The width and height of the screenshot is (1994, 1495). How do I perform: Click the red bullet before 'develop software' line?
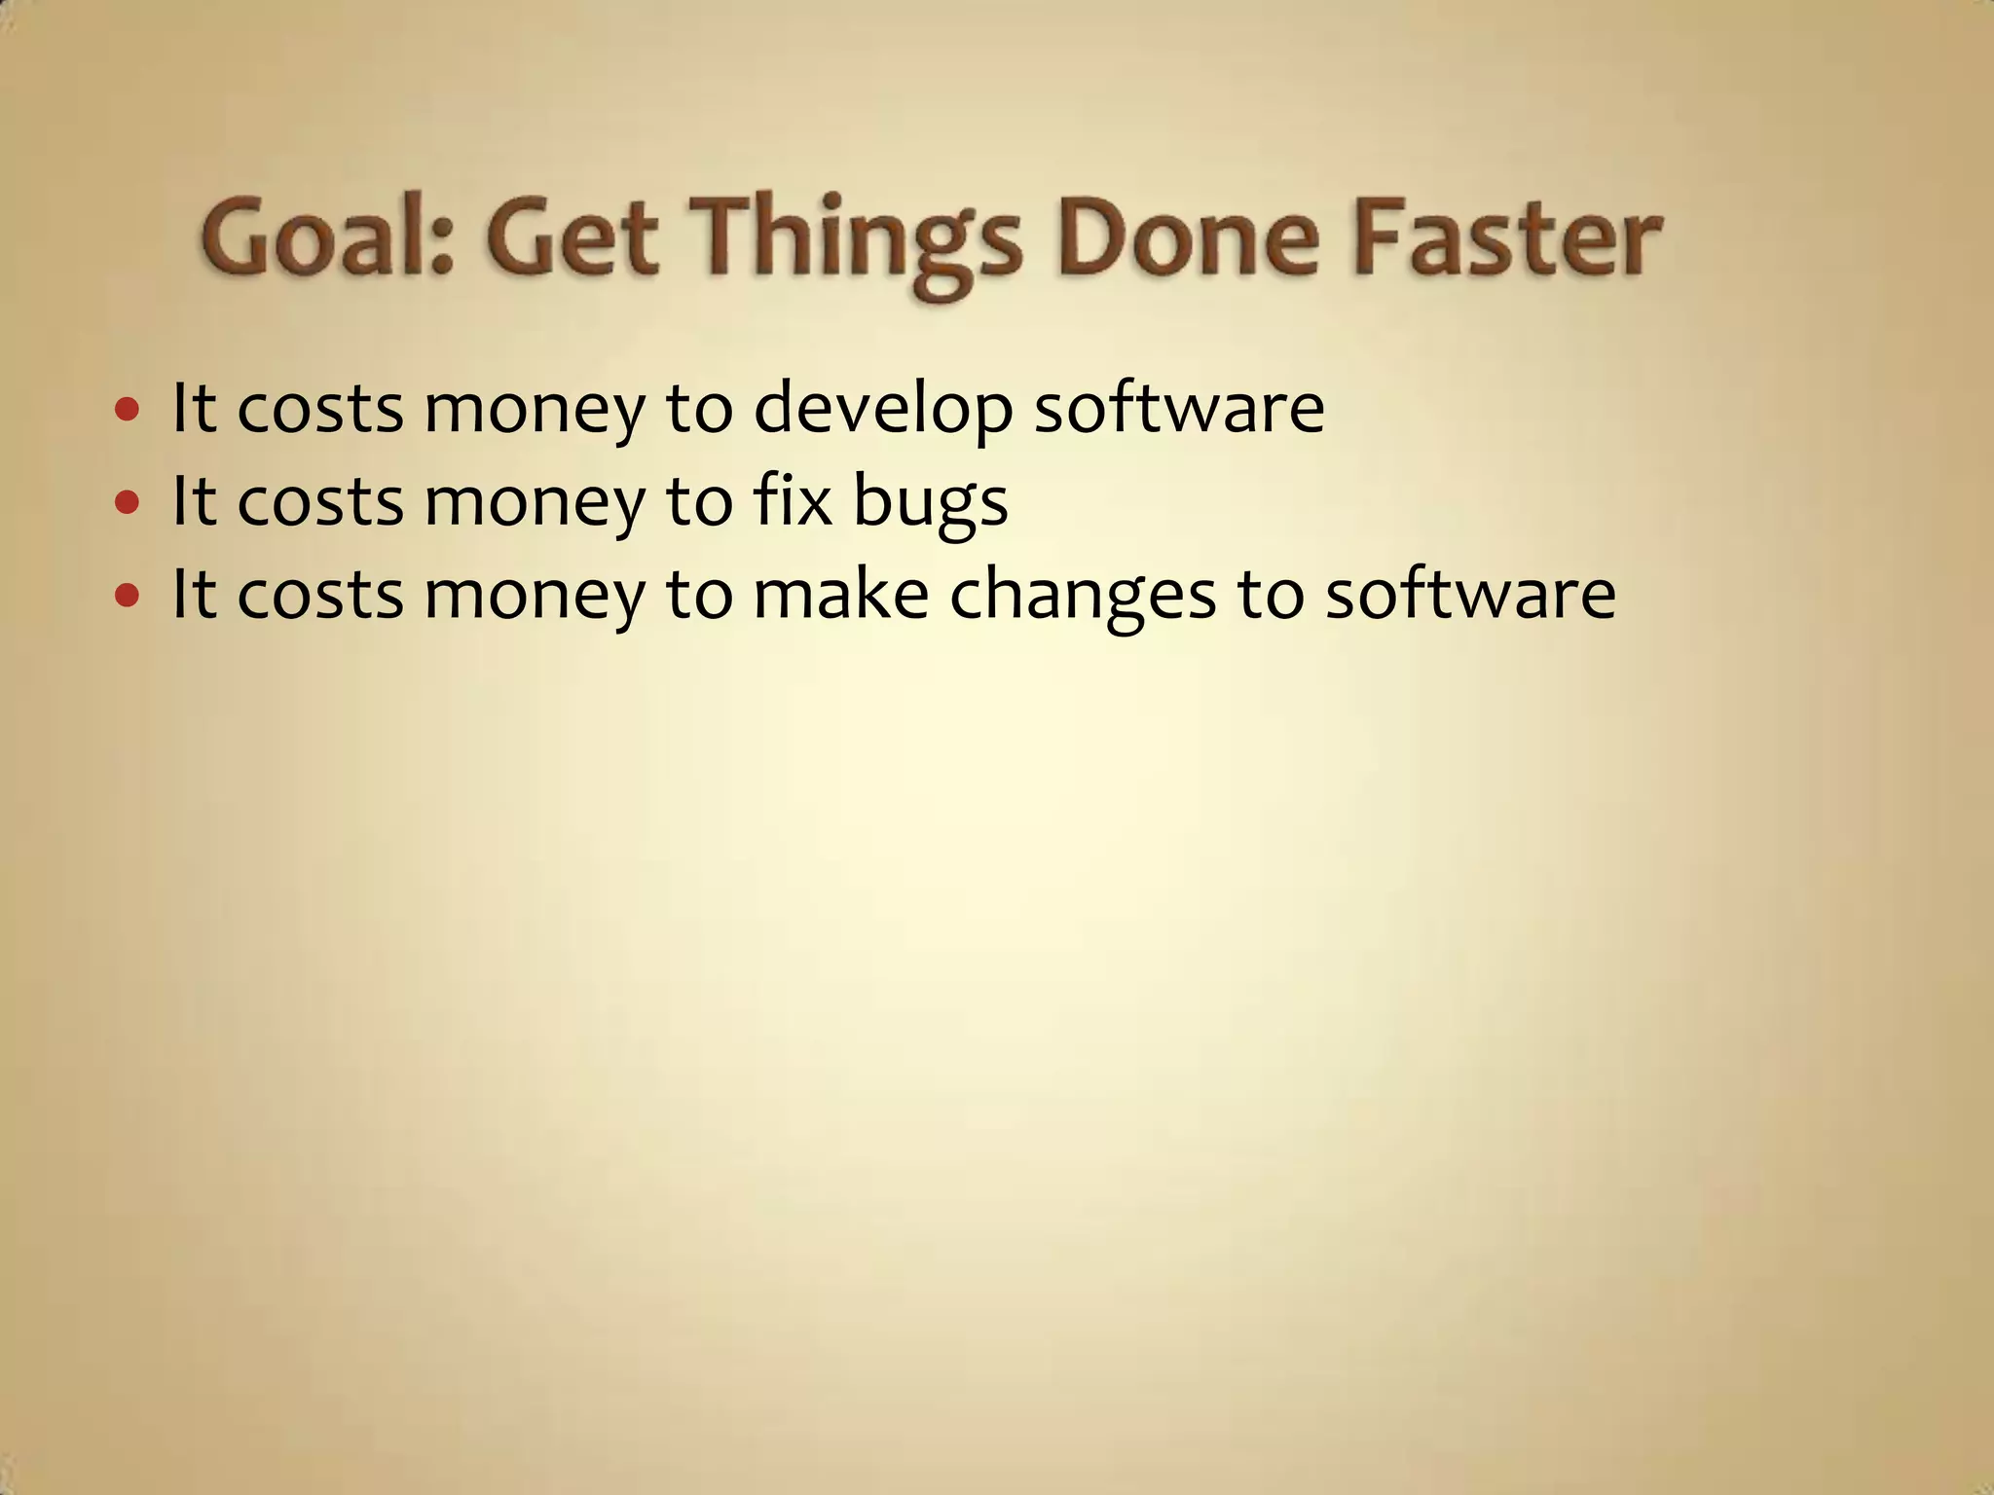pos(127,409)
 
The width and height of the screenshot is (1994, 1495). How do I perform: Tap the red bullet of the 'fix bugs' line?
pos(127,502)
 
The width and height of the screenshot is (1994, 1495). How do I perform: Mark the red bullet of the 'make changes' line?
pos(127,595)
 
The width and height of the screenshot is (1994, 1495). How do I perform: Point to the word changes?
pos(1082,596)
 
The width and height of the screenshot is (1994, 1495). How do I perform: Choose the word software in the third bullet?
pos(1470,594)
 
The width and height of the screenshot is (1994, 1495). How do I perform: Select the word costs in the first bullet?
pos(320,409)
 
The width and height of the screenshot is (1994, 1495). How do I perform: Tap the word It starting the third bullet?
pos(193,594)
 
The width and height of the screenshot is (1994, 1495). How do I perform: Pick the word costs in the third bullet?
pos(320,595)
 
